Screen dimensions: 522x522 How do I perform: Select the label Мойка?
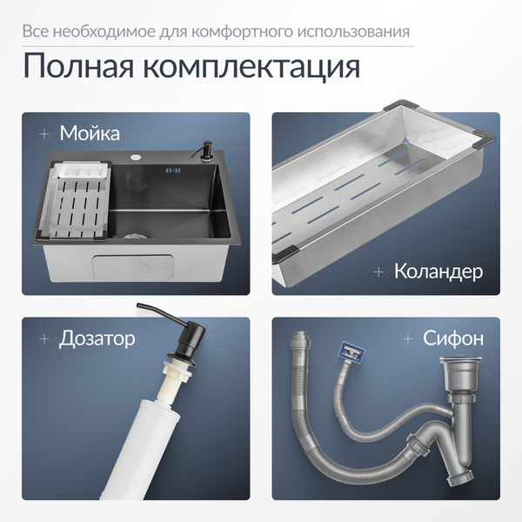[90, 133]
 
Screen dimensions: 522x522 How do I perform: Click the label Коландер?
[438, 271]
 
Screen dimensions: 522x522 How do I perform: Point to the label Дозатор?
[97, 338]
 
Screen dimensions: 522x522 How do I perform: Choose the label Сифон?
[453, 338]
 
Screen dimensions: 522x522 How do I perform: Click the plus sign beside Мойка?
[43, 134]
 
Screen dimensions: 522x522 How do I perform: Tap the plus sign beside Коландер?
[378, 271]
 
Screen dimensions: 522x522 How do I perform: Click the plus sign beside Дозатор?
[43, 338]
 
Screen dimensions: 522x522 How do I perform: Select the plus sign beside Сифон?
[407, 338]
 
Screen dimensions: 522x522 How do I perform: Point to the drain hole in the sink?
[134, 235]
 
